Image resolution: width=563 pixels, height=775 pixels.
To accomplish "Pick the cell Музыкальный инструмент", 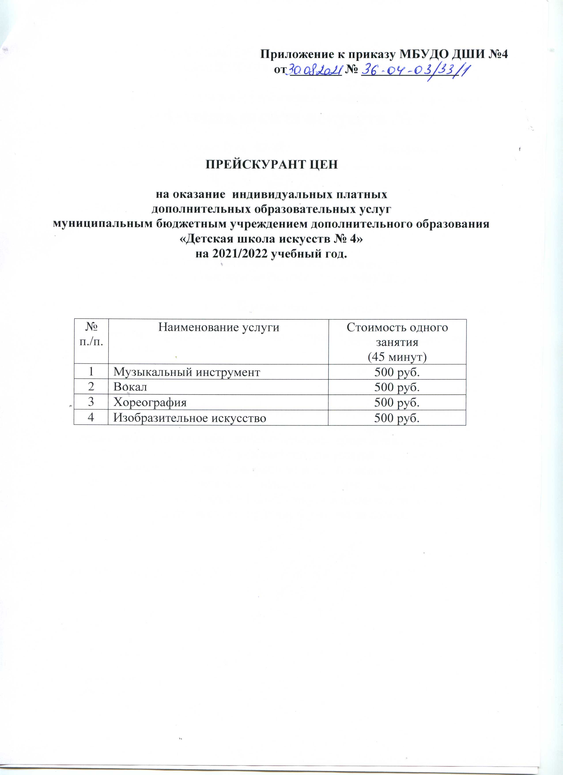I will [x=187, y=372].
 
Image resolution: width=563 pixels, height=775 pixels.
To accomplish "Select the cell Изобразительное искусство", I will [x=190, y=418].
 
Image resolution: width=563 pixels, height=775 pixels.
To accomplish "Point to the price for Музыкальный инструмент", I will [x=397, y=372].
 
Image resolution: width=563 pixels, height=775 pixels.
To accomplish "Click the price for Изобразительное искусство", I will [x=397, y=418].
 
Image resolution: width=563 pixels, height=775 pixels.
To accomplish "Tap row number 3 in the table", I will [x=91, y=402].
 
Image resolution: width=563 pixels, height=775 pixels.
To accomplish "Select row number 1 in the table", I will [x=91, y=372].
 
